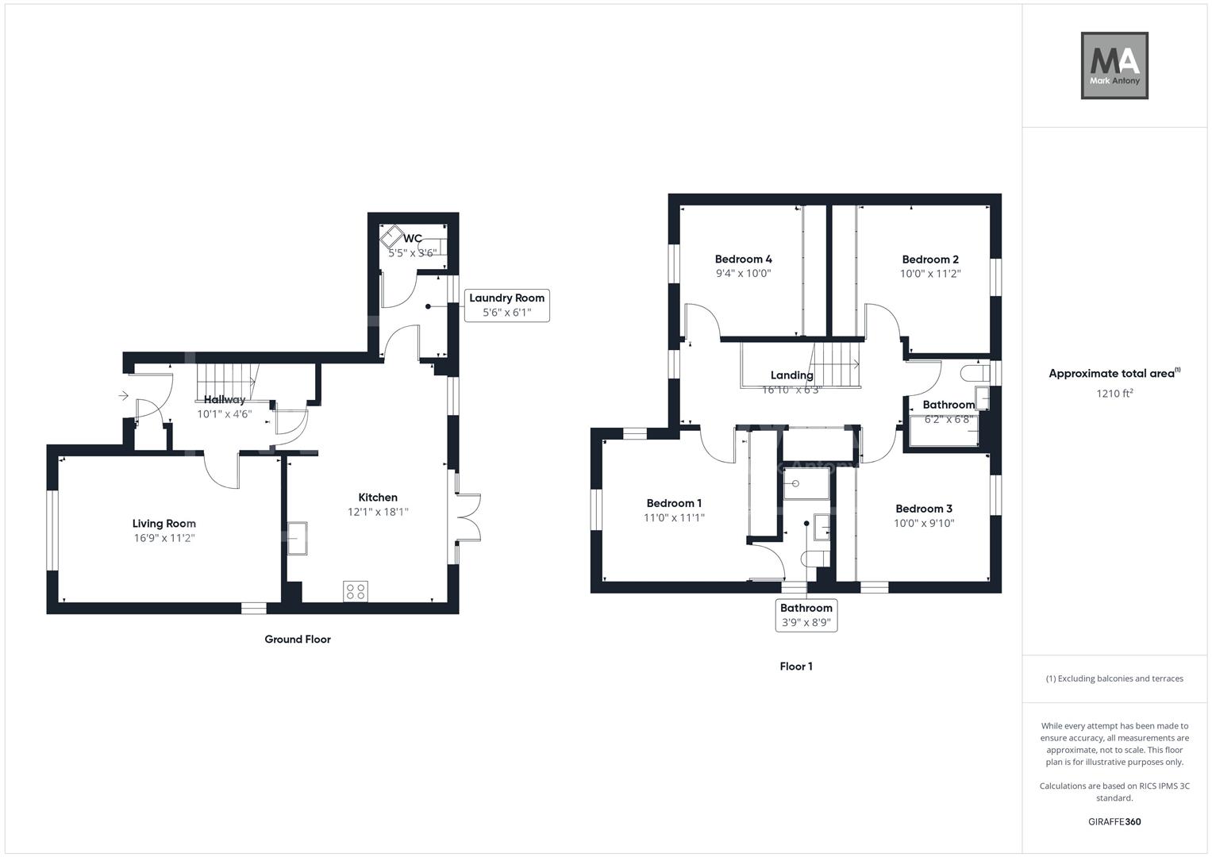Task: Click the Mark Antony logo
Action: [x=1114, y=65]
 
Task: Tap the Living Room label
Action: [x=164, y=524]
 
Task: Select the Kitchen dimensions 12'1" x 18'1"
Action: [x=378, y=512]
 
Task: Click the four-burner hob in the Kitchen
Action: [x=356, y=590]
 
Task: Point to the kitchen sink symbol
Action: [x=298, y=537]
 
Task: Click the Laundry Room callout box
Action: [x=506, y=306]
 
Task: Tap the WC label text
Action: [x=413, y=238]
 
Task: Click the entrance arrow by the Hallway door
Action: [x=123, y=395]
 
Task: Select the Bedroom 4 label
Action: [x=743, y=259]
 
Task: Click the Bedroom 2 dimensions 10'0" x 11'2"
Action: [x=930, y=274]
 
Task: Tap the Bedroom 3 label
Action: [x=924, y=509]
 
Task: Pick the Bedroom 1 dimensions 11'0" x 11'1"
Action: [x=674, y=517]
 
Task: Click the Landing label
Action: [x=791, y=375]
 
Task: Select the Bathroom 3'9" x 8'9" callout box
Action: [x=806, y=615]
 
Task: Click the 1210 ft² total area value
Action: [x=1114, y=393]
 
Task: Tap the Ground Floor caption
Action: [x=297, y=639]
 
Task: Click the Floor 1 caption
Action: [x=795, y=667]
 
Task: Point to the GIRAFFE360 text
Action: [x=1114, y=821]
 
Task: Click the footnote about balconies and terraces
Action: [x=1114, y=678]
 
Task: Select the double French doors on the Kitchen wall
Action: [x=468, y=518]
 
